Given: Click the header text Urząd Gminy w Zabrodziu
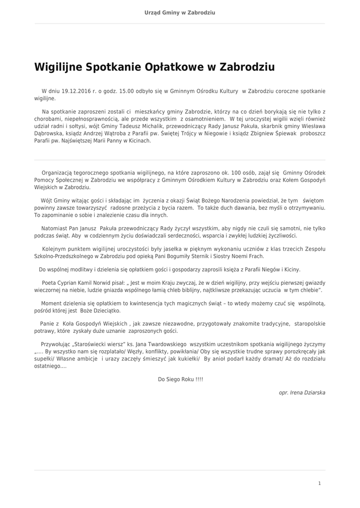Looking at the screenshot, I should coord(180,12).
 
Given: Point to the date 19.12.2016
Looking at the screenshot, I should coord(77,92).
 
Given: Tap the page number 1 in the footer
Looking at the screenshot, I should coord(319,483).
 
